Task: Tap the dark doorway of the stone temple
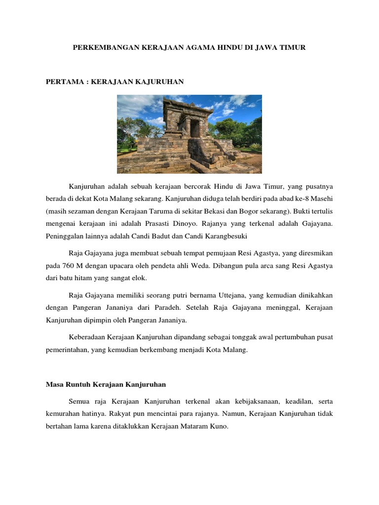pyautogui.click(x=195, y=129)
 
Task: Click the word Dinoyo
pyautogui.click(x=196, y=223)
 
